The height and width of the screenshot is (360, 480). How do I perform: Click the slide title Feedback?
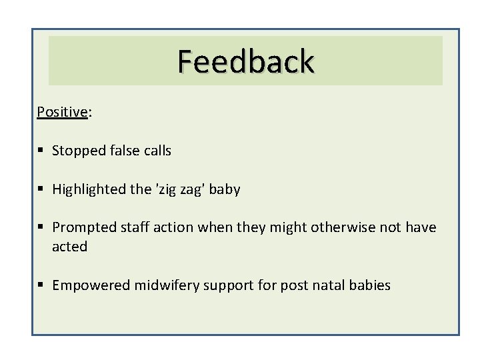245,61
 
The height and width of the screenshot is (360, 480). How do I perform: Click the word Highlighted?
91,190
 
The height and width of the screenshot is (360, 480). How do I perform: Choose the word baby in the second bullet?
227,189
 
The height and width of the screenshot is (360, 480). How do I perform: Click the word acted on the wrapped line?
70,247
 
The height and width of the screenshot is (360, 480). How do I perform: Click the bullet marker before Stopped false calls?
41,151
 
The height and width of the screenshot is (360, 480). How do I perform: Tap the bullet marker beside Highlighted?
41,190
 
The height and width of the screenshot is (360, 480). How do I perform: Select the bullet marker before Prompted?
41,228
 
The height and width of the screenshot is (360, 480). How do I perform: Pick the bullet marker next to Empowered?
41,286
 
